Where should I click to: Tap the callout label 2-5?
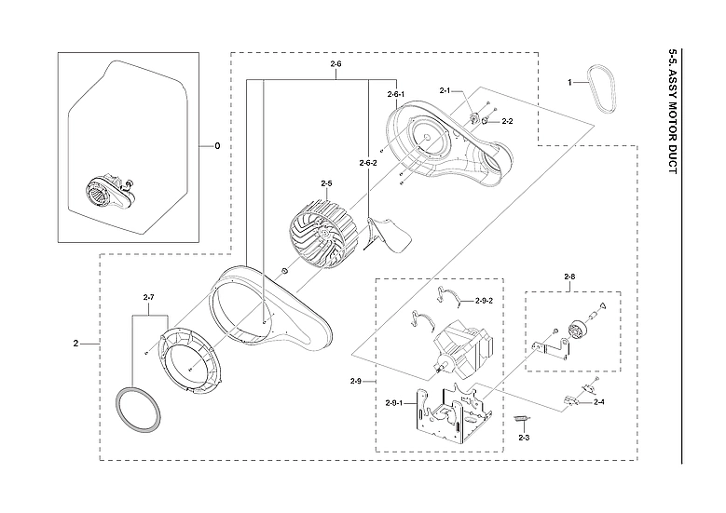click(327, 183)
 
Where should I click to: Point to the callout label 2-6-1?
click(396, 94)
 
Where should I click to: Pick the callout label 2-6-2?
click(368, 163)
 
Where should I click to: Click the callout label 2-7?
click(148, 297)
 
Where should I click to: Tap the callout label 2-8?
click(569, 277)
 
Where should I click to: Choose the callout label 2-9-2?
click(484, 301)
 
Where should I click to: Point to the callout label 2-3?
click(524, 437)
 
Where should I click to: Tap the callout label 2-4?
click(598, 402)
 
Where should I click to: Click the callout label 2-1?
click(445, 90)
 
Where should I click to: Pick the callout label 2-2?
click(508, 121)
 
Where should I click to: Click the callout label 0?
click(217, 146)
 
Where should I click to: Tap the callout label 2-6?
click(336, 63)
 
